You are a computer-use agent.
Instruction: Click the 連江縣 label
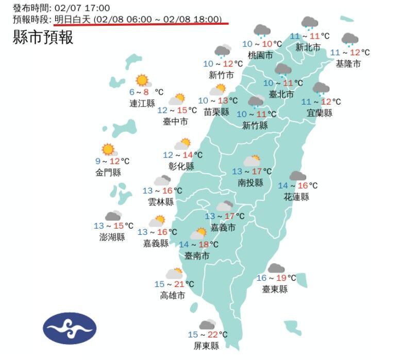(x=142, y=104)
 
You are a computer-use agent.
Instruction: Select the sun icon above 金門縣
(x=108, y=149)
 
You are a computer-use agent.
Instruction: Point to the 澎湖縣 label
(x=112, y=237)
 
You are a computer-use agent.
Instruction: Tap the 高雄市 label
(x=173, y=296)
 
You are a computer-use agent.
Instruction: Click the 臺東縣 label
(x=275, y=289)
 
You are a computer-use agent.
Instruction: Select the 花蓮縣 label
(x=296, y=197)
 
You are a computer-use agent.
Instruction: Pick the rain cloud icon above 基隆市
(x=350, y=39)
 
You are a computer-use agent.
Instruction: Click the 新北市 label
(x=308, y=47)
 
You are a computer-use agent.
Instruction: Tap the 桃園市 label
(x=260, y=55)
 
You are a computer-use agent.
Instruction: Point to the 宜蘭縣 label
(x=320, y=113)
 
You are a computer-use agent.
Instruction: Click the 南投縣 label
(x=250, y=183)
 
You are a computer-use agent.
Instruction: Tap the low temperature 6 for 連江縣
(x=132, y=92)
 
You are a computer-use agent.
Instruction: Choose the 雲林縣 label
(x=161, y=202)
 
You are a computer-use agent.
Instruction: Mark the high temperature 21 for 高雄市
(x=178, y=284)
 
